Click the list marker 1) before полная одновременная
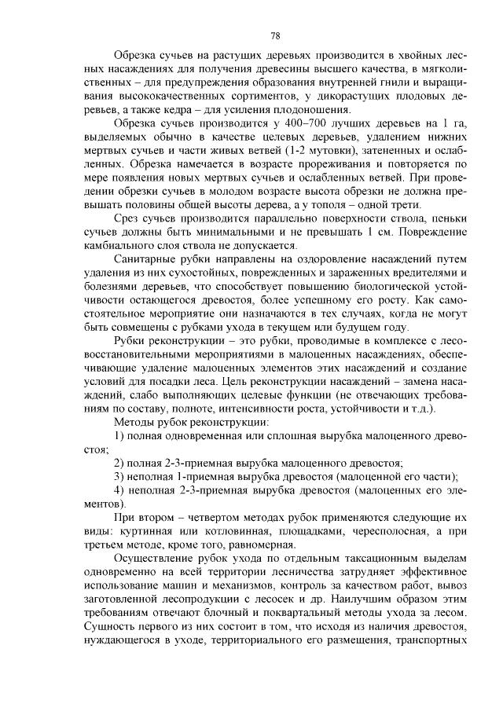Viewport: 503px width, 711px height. [120, 436]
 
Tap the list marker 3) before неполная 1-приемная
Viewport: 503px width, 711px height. [120, 477]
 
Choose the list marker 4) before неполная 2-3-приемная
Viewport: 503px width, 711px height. [120, 491]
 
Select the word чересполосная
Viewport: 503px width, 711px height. [373, 533]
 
